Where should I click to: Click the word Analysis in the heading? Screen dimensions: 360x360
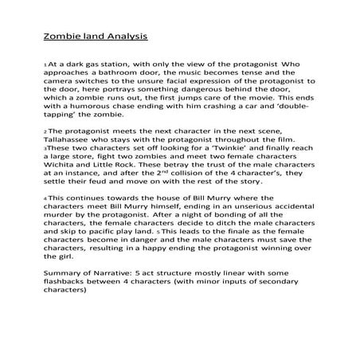coord(123,36)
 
